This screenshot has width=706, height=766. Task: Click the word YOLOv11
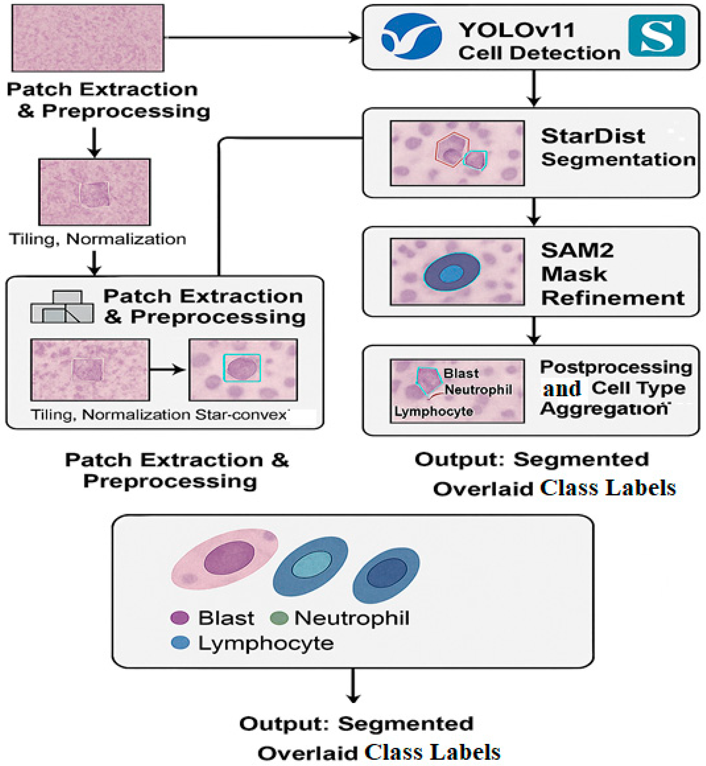point(516,30)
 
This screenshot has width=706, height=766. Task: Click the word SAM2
point(577,251)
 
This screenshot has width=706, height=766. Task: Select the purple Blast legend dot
point(180,618)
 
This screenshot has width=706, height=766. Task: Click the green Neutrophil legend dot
point(279,618)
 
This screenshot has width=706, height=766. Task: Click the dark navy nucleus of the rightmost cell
point(387,572)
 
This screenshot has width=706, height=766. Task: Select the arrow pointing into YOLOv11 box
point(353,37)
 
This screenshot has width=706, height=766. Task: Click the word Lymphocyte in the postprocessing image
point(434,412)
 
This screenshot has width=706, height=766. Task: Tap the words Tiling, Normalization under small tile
point(97,239)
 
